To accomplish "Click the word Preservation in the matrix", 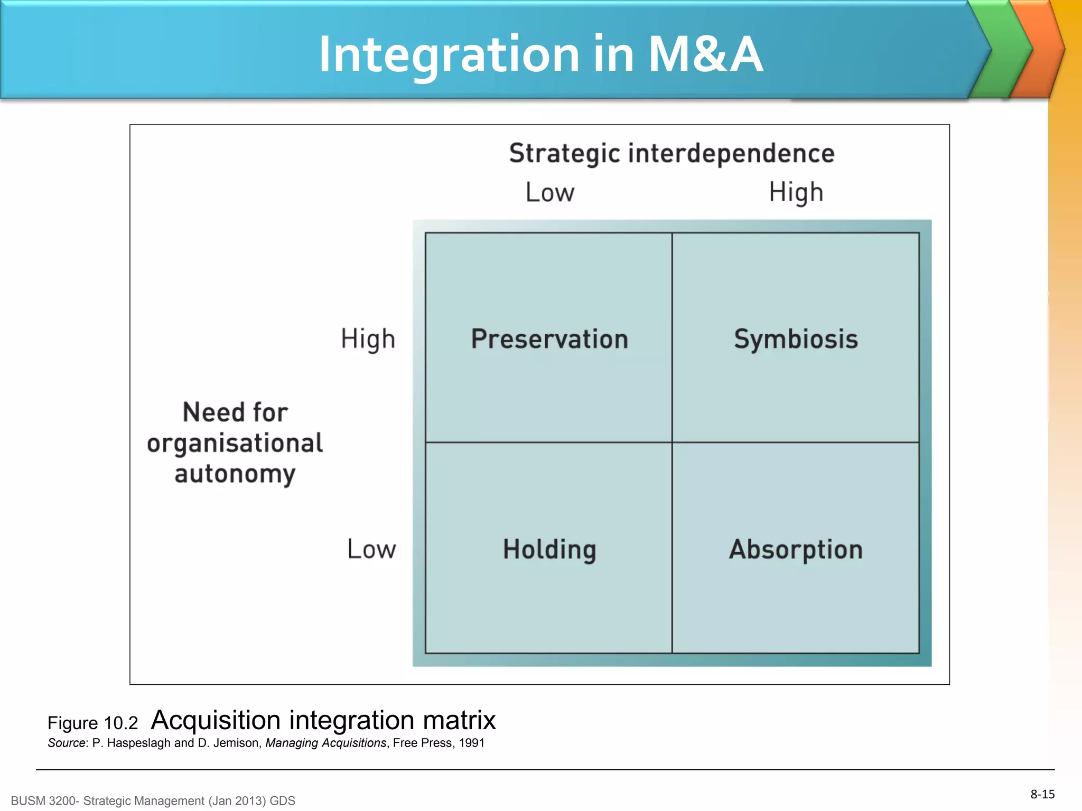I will click(549, 339).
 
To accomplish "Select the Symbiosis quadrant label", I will click(796, 339).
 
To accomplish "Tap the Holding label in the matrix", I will click(549, 549).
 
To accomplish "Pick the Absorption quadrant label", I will click(796, 549).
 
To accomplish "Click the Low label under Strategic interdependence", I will click(549, 192).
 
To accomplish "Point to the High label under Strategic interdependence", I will click(796, 192).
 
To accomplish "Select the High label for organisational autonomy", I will click(368, 339).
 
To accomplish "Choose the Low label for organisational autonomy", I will click(371, 549).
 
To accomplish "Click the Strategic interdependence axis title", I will click(671, 154).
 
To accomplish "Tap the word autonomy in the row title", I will click(235, 474).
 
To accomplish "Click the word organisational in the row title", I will click(235, 442).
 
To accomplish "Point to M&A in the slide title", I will click(705, 54).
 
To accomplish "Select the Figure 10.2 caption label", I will click(92, 723).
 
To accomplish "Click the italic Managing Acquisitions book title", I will click(325, 743).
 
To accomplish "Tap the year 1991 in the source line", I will click(471, 743).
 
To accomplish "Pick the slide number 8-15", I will click(1042, 794).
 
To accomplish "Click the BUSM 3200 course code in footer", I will click(45, 801).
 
